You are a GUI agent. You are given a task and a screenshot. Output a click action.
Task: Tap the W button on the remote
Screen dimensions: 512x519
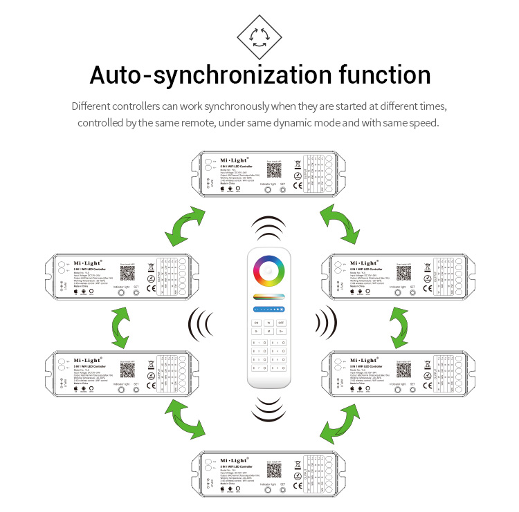[x=268, y=322]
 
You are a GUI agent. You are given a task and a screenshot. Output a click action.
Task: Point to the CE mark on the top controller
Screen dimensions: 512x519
[x=296, y=184]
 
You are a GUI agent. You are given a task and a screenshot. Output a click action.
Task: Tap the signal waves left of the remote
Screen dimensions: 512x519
[x=203, y=321]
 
